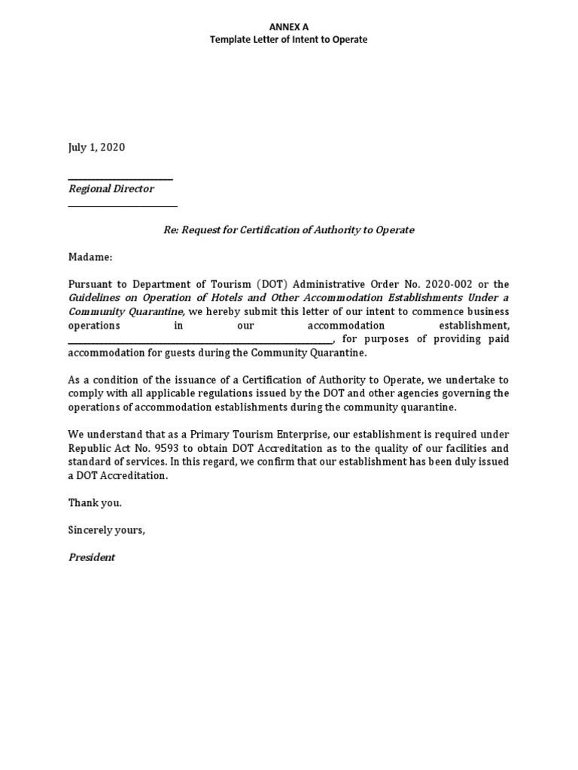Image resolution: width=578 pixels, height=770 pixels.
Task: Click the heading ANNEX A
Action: pos(288,26)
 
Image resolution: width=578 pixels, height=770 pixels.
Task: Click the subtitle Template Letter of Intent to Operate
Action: pos(288,39)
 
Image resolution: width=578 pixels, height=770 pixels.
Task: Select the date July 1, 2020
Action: pos(96,147)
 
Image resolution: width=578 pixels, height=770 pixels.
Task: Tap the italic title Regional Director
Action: pos(111,189)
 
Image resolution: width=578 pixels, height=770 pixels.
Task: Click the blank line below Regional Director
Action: pos(123,205)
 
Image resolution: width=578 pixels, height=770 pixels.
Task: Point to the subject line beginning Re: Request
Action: pos(288,229)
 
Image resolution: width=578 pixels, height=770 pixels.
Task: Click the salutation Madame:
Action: pos(90,257)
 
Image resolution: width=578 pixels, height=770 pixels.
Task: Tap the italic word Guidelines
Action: pos(95,298)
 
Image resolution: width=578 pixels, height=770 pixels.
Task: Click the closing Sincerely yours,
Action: pos(106,530)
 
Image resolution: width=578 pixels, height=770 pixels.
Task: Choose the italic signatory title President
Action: pos(92,557)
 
